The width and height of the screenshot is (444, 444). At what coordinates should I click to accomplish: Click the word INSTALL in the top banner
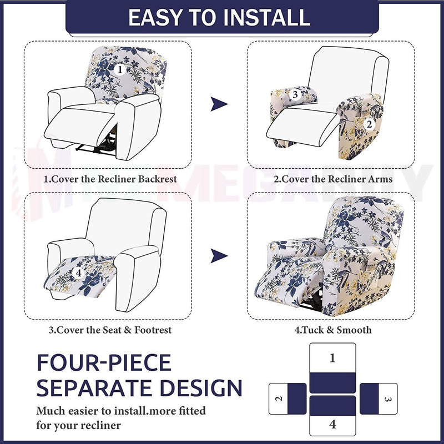(x=267, y=18)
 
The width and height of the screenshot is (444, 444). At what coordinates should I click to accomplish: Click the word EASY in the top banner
(x=155, y=18)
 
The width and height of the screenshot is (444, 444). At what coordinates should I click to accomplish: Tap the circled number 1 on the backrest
(x=120, y=70)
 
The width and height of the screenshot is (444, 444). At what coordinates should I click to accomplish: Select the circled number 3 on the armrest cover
(x=295, y=94)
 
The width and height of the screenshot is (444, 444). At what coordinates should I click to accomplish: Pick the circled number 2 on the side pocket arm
(x=369, y=124)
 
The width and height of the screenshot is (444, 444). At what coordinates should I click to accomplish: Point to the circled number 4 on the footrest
(x=78, y=273)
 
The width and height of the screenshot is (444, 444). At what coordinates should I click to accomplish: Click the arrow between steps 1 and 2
(x=219, y=104)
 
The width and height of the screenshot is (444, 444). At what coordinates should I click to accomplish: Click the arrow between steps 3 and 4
(x=219, y=256)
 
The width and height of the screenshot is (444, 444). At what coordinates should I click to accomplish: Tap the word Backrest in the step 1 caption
(x=158, y=179)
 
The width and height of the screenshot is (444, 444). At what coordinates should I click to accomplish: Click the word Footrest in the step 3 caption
(x=153, y=330)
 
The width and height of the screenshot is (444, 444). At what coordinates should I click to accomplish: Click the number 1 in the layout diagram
(x=332, y=358)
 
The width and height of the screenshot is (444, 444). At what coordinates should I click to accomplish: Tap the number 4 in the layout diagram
(x=332, y=424)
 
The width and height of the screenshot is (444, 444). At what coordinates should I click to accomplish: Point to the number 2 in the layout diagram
(x=279, y=398)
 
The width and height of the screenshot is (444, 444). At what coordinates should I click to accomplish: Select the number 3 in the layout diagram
(x=388, y=399)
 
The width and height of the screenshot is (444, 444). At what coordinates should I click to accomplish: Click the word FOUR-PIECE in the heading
(x=104, y=363)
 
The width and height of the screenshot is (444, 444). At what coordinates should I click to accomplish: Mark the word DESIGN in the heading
(x=201, y=387)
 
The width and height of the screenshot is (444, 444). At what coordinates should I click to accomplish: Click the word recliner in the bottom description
(x=100, y=425)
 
